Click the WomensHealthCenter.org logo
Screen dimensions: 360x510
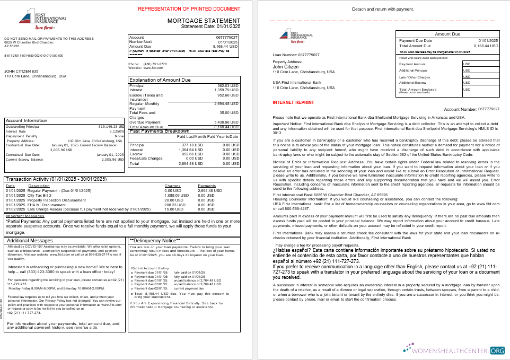point(454,350)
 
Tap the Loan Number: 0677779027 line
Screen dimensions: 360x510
point(296,55)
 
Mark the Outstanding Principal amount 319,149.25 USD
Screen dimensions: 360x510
point(111,126)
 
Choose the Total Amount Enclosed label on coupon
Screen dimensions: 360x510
point(418,89)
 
